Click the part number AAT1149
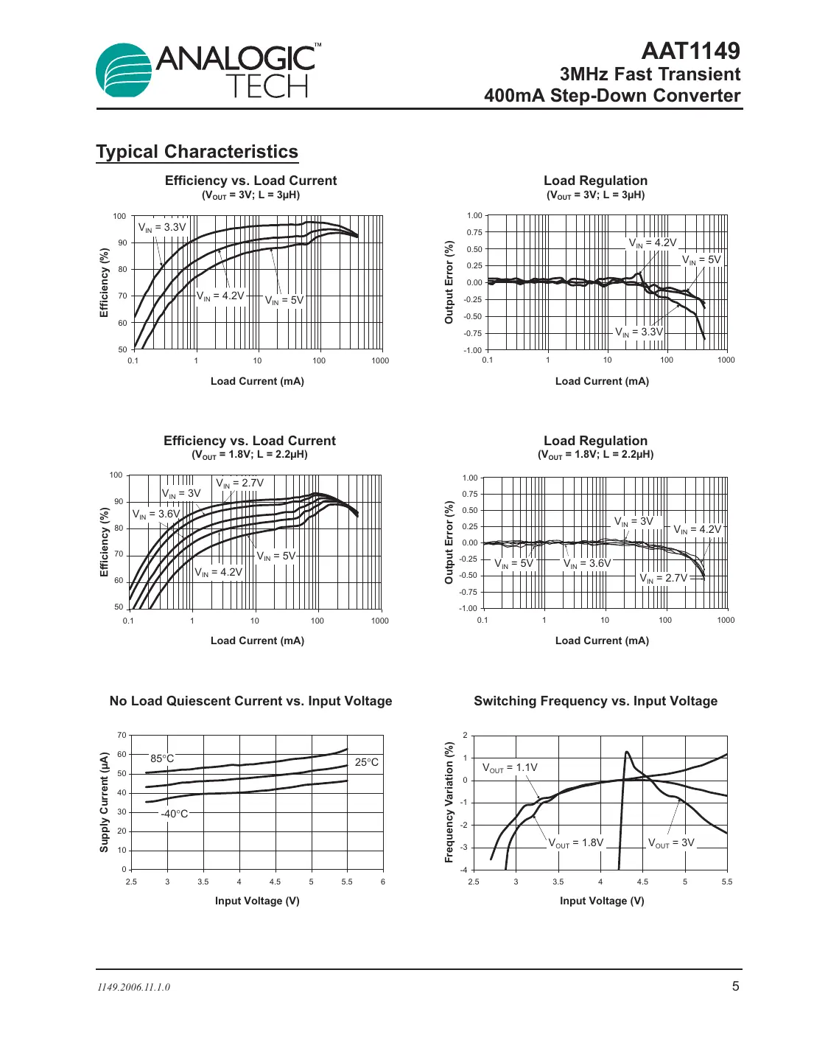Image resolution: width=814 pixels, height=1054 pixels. click(x=690, y=50)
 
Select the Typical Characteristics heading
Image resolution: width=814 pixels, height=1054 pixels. click(x=197, y=152)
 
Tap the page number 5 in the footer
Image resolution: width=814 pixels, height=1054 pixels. click(x=735, y=986)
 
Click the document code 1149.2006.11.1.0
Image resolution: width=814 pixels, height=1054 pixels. click(x=133, y=987)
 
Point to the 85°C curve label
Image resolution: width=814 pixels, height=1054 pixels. click(x=162, y=758)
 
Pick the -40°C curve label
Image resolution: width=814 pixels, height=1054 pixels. click(x=175, y=814)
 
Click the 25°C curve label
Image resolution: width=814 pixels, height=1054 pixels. click(x=366, y=762)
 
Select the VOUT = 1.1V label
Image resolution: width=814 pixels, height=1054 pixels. click(x=510, y=768)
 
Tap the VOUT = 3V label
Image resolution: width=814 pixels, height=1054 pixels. click(x=671, y=842)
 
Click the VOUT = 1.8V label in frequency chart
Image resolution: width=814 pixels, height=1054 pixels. click(x=575, y=842)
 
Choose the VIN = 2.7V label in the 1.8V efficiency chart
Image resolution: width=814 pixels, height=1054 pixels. click(x=239, y=484)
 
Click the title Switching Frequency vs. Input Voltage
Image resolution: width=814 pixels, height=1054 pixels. click(x=595, y=701)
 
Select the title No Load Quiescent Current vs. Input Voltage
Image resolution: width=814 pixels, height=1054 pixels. click(x=250, y=701)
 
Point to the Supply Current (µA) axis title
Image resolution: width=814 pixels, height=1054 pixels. click(x=104, y=802)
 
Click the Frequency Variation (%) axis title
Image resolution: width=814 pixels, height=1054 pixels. click(x=449, y=802)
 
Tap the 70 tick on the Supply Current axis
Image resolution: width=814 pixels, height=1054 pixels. click(x=122, y=735)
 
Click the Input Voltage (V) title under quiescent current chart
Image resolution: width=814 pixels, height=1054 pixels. click(x=257, y=901)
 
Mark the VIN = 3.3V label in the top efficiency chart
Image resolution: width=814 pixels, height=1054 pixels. click(x=162, y=228)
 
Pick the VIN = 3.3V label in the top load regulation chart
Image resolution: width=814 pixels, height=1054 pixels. click(x=639, y=332)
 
